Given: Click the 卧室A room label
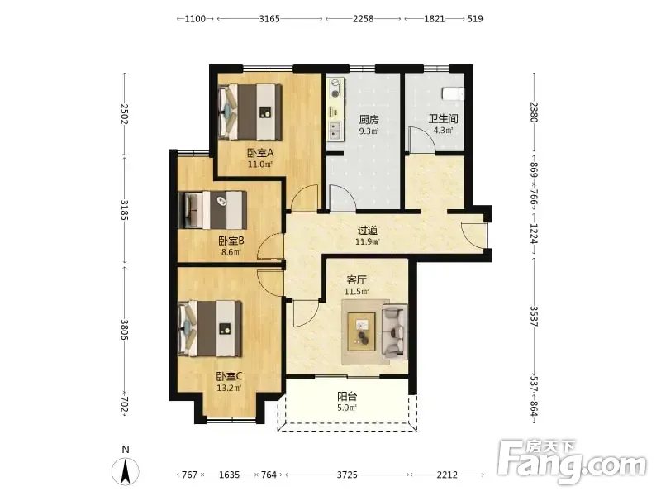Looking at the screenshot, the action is (x=260, y=152).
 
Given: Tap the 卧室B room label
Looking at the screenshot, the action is (x=231, y=241).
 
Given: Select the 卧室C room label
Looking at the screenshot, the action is (x=230, y=376).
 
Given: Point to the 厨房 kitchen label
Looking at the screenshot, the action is (x=369, y=119).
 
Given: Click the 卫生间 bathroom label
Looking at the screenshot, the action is (x=443, y=119).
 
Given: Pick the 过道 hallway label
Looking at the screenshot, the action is (x=367, y=231).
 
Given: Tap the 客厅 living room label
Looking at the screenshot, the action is (x=356, y=280).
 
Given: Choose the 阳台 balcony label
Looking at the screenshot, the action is (x=347, y=397).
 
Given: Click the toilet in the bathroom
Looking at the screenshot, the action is (x=452, y=93).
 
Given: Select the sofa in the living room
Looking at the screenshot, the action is (x=395, y=332).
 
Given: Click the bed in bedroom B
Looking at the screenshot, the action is (x=212, y=210).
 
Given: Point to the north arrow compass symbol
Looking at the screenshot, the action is (x=126, y=470).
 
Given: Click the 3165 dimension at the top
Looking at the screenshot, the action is (x=269, y=18).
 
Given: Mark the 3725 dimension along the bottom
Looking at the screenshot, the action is (x=347, y=475).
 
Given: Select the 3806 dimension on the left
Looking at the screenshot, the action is (x=125, y=330).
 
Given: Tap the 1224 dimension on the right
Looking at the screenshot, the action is (x=533, y=234).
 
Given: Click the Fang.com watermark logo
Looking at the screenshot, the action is (x=572, y=462).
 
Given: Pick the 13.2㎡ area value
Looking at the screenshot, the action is (x=230, y=388).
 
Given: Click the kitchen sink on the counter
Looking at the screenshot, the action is (x=335, y=130).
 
